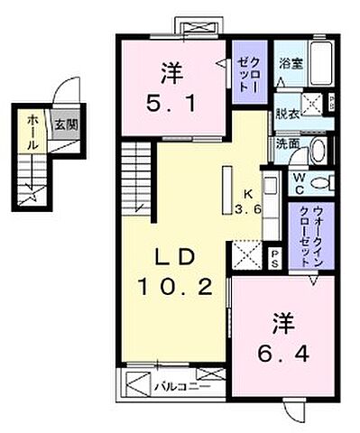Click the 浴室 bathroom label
pos(290,64)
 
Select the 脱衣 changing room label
pos(288,115)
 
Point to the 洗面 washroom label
pos(288,143)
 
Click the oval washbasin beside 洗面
pos(317,150)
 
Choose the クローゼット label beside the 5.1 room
pos(249,71)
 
